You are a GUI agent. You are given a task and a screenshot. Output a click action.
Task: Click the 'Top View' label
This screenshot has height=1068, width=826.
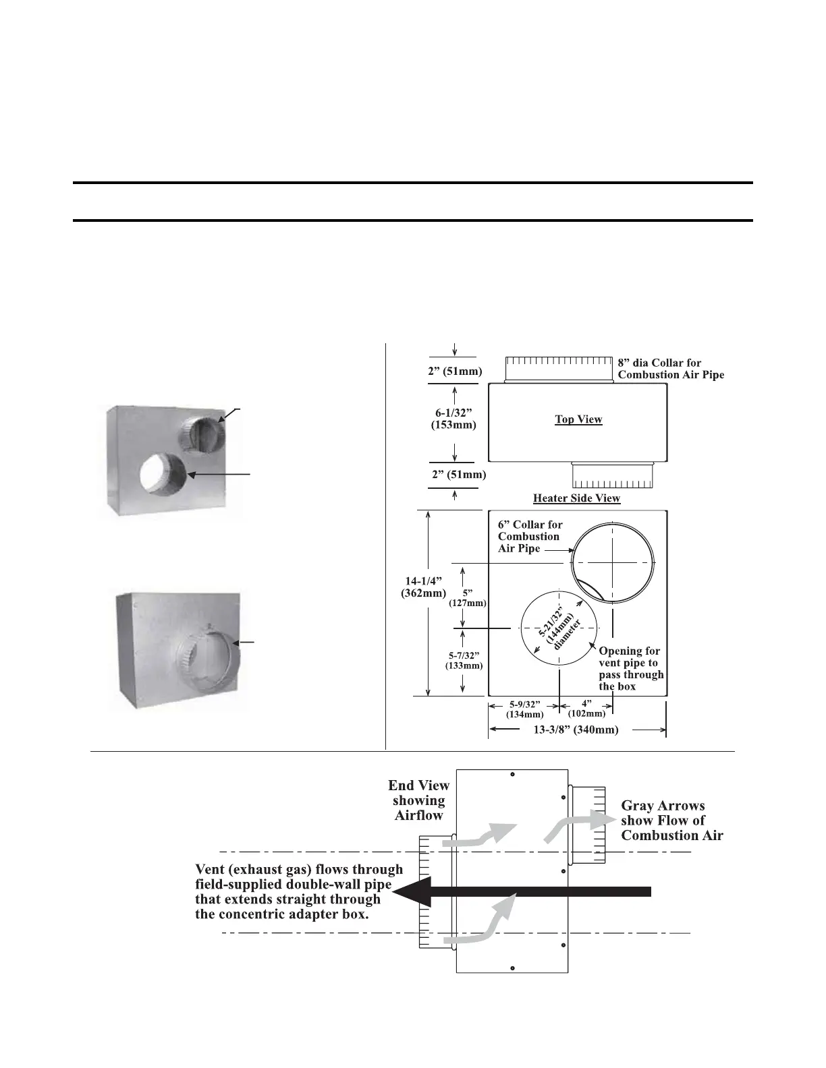(578, 419)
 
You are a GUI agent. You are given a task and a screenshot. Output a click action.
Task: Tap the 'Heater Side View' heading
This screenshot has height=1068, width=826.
(576, 498)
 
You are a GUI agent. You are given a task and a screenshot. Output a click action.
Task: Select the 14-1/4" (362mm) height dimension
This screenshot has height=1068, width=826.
(422, 587)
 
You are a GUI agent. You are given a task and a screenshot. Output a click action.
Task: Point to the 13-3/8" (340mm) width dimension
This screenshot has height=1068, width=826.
(576, 730)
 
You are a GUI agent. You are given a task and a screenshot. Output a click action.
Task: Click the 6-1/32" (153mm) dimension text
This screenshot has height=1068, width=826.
(453, 419)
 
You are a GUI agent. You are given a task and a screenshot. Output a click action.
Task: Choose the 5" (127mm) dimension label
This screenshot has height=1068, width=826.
(468, 598)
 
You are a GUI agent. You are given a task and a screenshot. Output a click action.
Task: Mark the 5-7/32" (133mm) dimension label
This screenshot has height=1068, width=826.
(464, 660)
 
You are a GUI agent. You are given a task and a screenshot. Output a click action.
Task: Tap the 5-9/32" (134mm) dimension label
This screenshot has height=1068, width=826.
(524, 709)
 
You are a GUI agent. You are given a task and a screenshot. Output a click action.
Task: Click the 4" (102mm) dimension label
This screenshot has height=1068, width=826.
(586, 708)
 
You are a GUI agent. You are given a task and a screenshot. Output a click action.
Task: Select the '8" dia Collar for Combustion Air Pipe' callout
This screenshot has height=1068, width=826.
(670, 369)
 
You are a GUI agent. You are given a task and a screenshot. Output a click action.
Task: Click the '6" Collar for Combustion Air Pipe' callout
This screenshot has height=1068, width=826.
(529, 537)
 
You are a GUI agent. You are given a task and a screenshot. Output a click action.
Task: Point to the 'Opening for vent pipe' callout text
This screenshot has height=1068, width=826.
(631, 668)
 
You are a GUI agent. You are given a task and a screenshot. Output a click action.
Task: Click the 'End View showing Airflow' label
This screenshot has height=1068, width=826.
(418, 800)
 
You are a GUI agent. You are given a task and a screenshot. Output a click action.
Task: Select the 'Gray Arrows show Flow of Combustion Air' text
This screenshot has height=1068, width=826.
(671, 821)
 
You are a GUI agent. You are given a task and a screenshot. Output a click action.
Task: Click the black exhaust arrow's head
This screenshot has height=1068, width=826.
(410, 891)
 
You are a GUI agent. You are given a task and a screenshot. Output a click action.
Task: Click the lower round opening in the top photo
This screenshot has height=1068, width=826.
(163, 473)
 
